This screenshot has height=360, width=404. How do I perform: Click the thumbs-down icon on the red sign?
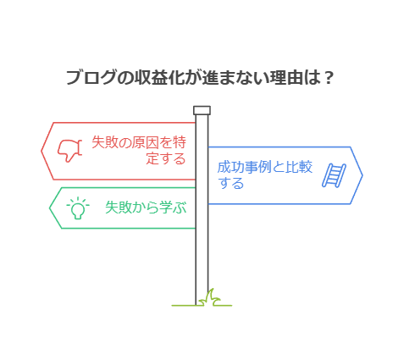(69, 151)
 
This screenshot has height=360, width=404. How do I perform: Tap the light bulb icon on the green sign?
(78, 208)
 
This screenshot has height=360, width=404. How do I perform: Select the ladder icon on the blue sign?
(335, 175)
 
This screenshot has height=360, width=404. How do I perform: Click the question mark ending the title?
(328, 77)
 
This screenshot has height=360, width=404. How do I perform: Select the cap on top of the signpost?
(202, 110)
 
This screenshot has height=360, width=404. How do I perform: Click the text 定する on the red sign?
(166, 158)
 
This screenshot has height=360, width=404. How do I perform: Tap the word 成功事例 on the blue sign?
(244, 167)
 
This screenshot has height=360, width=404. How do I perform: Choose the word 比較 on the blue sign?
(299, 167)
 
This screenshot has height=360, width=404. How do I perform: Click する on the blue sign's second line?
(230, 183)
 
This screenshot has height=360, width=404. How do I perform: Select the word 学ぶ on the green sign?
(173, 208)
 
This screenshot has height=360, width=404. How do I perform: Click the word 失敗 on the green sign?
(119, 208)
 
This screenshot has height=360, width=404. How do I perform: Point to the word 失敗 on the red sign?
(105, 142)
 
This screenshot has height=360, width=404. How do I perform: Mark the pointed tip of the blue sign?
(362, 175)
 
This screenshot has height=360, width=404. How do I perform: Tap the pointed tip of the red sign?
(42, 151)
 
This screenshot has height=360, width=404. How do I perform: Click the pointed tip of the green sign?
(50, 208)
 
